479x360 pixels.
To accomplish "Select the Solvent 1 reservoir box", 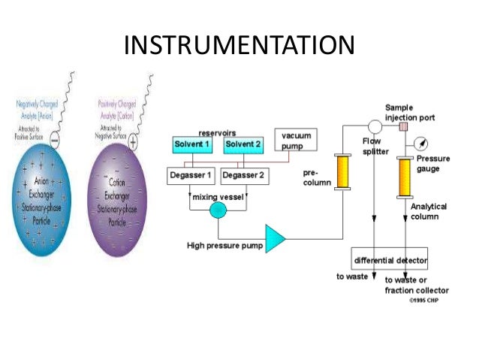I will (193, 144).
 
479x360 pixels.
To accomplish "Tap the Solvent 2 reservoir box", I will (244, 144).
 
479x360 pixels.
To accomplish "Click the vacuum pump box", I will (296, 140).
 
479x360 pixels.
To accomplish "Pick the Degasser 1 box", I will (193, 176).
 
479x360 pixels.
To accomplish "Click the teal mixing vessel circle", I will (217, 210).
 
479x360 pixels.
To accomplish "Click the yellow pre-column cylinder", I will (345, 172).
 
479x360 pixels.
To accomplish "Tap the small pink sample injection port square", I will (404, 126).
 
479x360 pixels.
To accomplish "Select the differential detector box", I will (389, 260).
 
